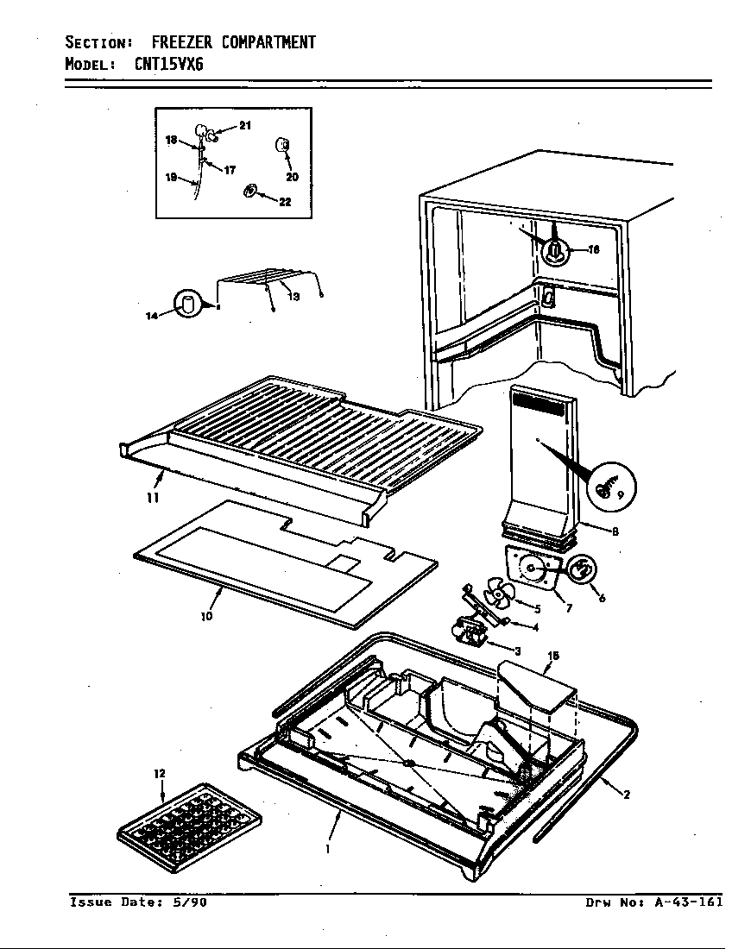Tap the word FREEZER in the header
(184, 42)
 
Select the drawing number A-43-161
(688, 902)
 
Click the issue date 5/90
(190, 902)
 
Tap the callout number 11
(152, 498)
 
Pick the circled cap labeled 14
(186, 305)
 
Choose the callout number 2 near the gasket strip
(626, 795)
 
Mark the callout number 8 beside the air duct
(615, 531)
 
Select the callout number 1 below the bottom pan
(327, 848)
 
